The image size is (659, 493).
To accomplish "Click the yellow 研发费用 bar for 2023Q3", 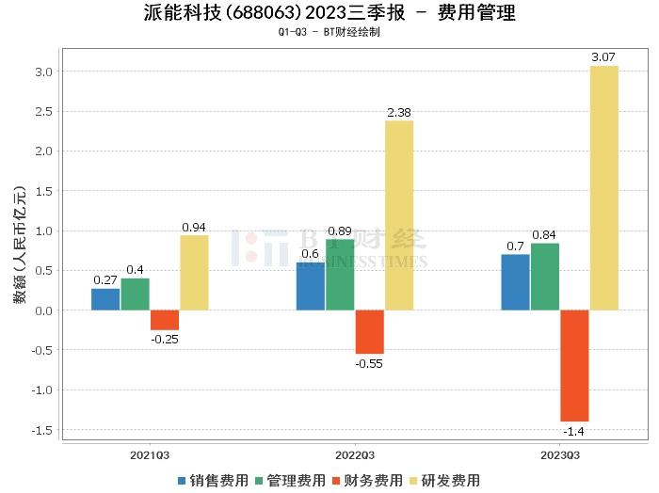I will pos(603,188).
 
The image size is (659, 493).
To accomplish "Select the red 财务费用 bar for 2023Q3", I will pos(574,365).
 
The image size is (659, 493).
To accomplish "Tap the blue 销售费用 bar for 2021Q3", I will pos(105,299).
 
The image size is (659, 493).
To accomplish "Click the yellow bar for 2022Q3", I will pos(398,215).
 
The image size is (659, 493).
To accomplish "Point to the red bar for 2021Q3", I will pos(165,320).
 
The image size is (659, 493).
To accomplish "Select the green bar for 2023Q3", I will pos(544,277).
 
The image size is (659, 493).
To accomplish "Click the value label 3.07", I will pos(603,58).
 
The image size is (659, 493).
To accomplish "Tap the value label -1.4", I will pos(574,432).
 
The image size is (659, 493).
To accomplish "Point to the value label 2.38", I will pos(398,113).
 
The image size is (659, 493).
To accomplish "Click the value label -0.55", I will pos(369,363).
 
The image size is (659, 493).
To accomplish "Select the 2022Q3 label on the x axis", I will pos(355,455).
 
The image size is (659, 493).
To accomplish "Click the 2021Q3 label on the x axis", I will pos(150,455).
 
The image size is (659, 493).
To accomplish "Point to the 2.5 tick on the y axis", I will pos(43,111).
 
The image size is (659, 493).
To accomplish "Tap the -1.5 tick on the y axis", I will pos(41,430).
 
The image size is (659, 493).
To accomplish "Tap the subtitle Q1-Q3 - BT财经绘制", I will pos(329,32).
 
